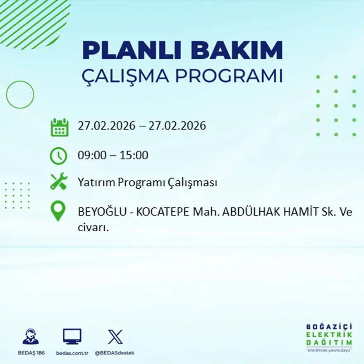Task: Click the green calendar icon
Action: pos(59,127)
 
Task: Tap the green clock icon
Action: pos(58,156)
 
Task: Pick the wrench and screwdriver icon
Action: pos(58,182)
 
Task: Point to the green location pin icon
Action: pos(58,211)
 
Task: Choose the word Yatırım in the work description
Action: pos(96,182)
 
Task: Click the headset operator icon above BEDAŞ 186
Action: pos(31,337)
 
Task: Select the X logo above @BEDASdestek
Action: pos(115,337)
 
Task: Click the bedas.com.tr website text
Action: pos(72,353)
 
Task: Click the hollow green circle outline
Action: pos(20,95)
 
